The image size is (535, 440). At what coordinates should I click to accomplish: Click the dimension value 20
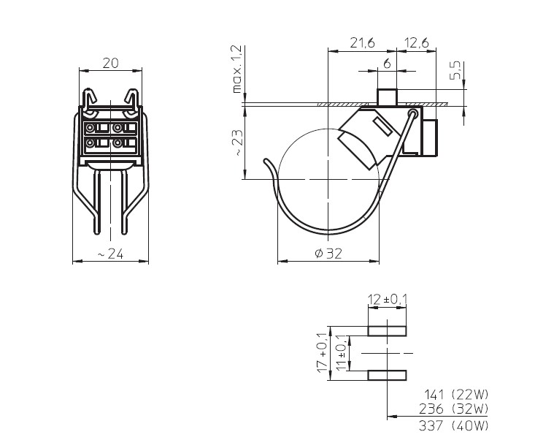[110, 63]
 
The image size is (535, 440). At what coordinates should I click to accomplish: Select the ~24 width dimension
[109, 253]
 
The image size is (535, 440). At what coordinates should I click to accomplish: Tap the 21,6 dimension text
[362, 44]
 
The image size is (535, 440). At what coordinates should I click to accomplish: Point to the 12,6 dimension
[415, 44]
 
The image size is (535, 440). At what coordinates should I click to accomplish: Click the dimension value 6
[386, 64]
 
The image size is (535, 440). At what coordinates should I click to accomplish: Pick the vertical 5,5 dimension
[455, 71]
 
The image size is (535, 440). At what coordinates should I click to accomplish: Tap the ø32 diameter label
[328, 253]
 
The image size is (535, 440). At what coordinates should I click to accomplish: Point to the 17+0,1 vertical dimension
[322, 352]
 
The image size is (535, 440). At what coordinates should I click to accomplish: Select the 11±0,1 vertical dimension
[339, 352]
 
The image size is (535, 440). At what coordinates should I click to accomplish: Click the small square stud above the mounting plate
[386, 96]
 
